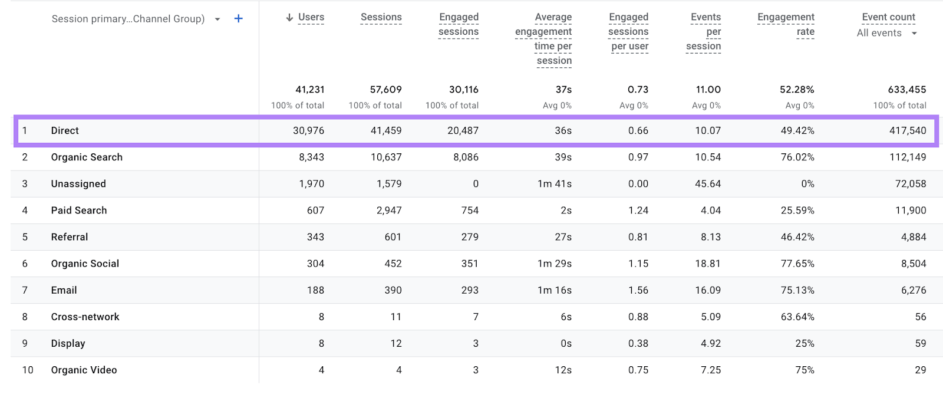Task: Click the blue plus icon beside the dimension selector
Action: pos(238,19)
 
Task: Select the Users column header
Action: pos(311,18)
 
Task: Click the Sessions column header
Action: pos(381,18)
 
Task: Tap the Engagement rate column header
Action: pos(786,25)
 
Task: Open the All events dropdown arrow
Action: pos(914,34)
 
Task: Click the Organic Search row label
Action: pos(87,157)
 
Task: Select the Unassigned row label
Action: pos(78,184)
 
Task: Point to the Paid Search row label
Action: pos(79,211)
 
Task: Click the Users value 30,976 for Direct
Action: pos(308,131)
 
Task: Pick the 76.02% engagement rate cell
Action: pos(797,157)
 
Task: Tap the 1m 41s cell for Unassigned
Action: pos(554,184)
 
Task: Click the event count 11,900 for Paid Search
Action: pos(911,211)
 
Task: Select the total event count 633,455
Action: pos(906,90)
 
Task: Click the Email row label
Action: pos(64,290)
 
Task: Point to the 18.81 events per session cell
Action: pos(707,264)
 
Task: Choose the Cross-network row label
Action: pos(85,317)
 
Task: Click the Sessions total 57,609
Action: pos(385,90)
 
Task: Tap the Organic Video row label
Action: pos(84,370)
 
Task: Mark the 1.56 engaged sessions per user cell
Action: pos(638,290)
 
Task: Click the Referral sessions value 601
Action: pos(393,237)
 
